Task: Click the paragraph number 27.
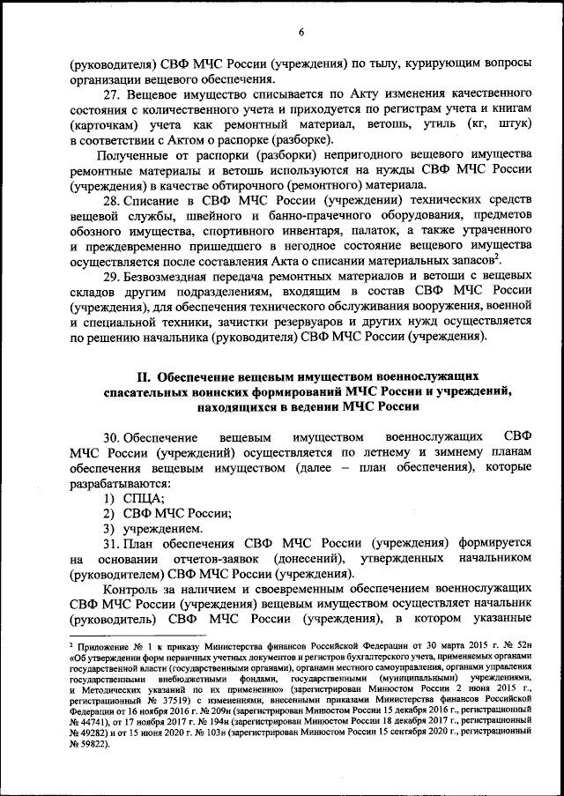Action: pyautogui.click(x=111, y=93)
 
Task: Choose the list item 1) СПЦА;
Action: pyautogui.click(x=127, y=500)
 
